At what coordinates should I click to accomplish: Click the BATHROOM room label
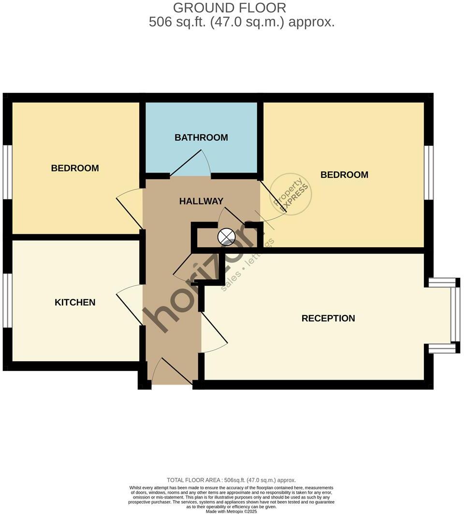(x=201, y=138)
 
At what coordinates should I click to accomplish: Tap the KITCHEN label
(x=75, y=302)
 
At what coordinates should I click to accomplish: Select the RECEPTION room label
(x=328, y=318)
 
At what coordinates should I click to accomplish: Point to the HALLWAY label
(x=201, y=201)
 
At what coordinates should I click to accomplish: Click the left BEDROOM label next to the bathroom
(x=75, y=168)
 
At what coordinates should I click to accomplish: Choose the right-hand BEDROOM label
(x=344, y=175)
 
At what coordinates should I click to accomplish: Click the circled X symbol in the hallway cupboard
(x=226, y=237)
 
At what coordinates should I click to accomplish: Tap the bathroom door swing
(x=191, y=164)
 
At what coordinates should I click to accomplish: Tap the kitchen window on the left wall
(x=7, y=300)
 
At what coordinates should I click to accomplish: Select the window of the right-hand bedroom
(x=429, y=172)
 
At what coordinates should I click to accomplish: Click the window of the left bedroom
(x=7, y=171)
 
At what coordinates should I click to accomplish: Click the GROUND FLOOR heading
(x=230, y=8)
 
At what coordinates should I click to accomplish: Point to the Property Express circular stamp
(x=290, y=195)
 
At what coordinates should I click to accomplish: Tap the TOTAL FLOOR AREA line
(x=231, y=480)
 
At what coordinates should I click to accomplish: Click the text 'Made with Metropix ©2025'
(x=231, y=511)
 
